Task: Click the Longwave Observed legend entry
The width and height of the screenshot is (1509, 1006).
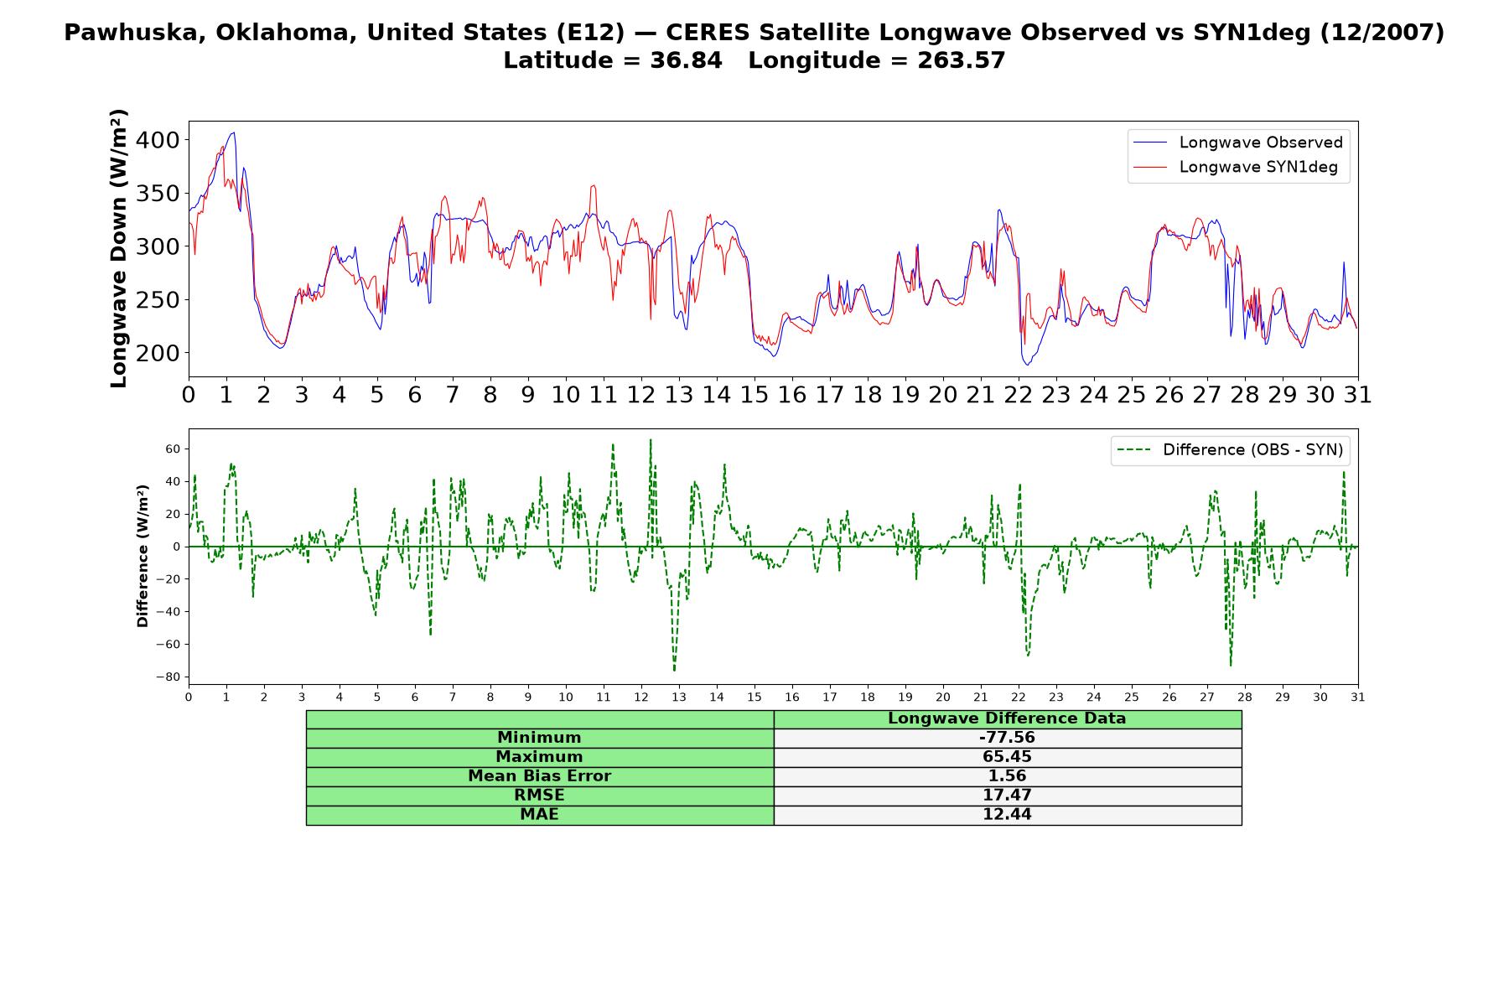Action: tap(1238, 143)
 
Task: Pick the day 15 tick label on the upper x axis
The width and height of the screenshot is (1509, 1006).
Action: tap(754, 394)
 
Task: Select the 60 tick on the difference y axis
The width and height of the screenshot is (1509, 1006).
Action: tap(173, 449)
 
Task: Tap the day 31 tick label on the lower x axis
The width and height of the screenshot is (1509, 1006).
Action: tap(1357, 697)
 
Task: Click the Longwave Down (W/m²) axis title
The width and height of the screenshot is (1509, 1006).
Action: tap(118, 248)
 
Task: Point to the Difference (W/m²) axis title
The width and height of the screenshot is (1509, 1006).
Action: tap(143, 556)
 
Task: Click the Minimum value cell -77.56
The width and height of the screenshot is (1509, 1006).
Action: tap(1007, 738)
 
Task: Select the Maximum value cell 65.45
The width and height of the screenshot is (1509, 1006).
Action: tap(1007, 757)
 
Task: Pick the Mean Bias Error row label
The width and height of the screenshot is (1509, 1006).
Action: tap(539, 776)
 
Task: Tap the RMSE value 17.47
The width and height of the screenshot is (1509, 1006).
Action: tap(1007, 796)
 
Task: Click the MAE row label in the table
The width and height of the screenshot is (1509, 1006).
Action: tap(539, 815)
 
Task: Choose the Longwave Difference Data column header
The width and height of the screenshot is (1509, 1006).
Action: tap(1007, 718)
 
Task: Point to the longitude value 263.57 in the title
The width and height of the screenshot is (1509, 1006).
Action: tap(961, 60)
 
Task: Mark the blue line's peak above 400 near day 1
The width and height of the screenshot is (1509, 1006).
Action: tap(234, 132)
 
